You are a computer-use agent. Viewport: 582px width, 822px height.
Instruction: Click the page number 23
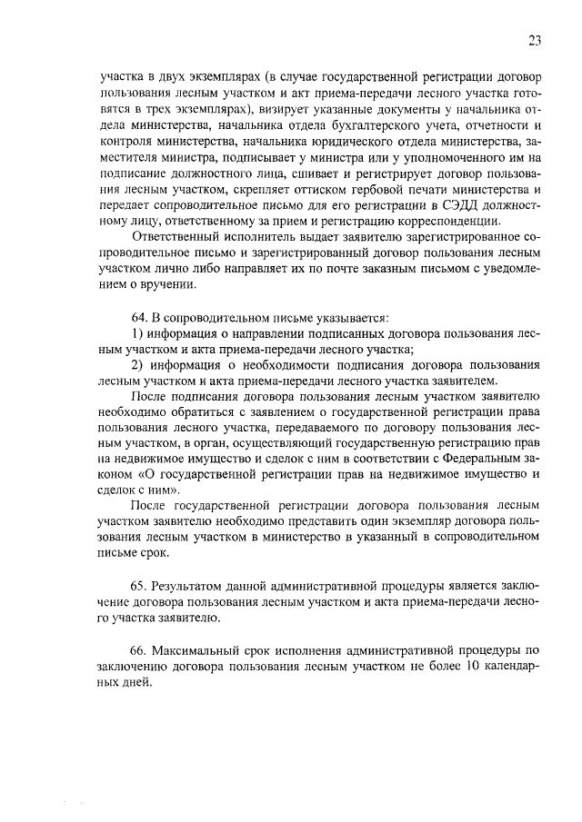click(x=533, y=39)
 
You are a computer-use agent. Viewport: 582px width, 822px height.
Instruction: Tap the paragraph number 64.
click(x=139, y=316)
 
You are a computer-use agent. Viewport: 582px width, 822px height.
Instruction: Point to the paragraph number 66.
click(x=139, y=651)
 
